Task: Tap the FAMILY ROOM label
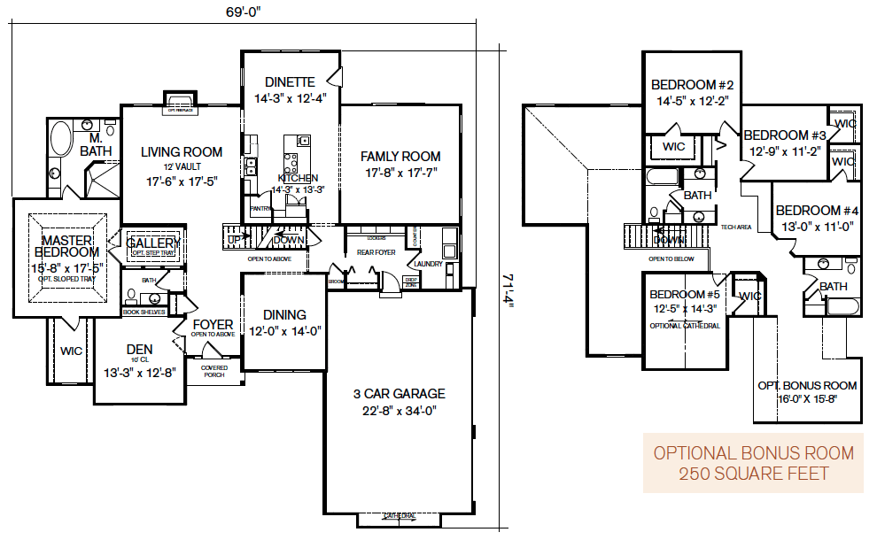[x=400, y=157]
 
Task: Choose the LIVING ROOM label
[x=182, y=152]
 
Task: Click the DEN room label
[x=139, y=350]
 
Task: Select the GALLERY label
[x=153, y=243]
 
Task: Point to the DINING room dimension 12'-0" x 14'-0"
[x=284, y=331]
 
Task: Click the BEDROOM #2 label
[x=692, y=85]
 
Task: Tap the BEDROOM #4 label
[x=818, y=211]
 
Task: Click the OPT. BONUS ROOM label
[x=807, y=385]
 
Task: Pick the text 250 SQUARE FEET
[x=754, y=474]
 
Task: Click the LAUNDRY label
[x=428, y=263]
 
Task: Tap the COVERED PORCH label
[x=213, y=370]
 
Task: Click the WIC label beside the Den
[x=71, y=351]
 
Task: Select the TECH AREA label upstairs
[x=736, y=228]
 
